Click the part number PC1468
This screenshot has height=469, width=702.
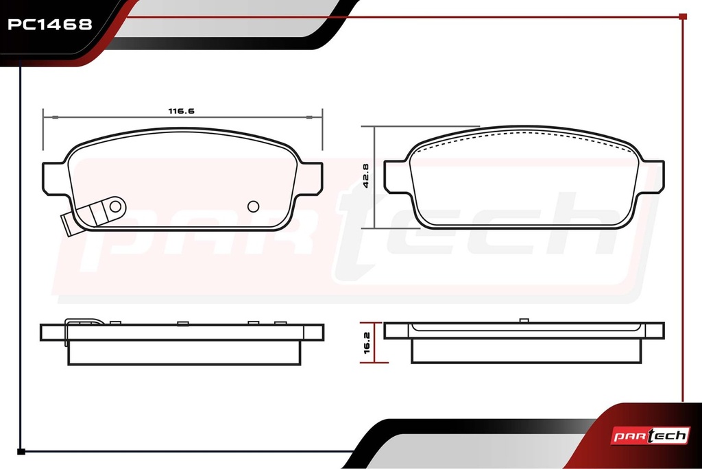[49, 24]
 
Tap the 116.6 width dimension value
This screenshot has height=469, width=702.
[181, 111]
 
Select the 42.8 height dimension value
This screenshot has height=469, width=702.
[366, 176]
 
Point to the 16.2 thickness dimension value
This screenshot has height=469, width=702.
[367, 343]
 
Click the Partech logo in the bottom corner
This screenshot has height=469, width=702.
[650, 435]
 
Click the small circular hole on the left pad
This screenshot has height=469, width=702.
[254, 206]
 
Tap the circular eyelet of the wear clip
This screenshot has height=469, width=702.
[115, 206]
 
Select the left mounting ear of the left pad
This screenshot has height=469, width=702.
[53, 179]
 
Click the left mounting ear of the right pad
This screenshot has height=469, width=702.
[396, 177]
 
